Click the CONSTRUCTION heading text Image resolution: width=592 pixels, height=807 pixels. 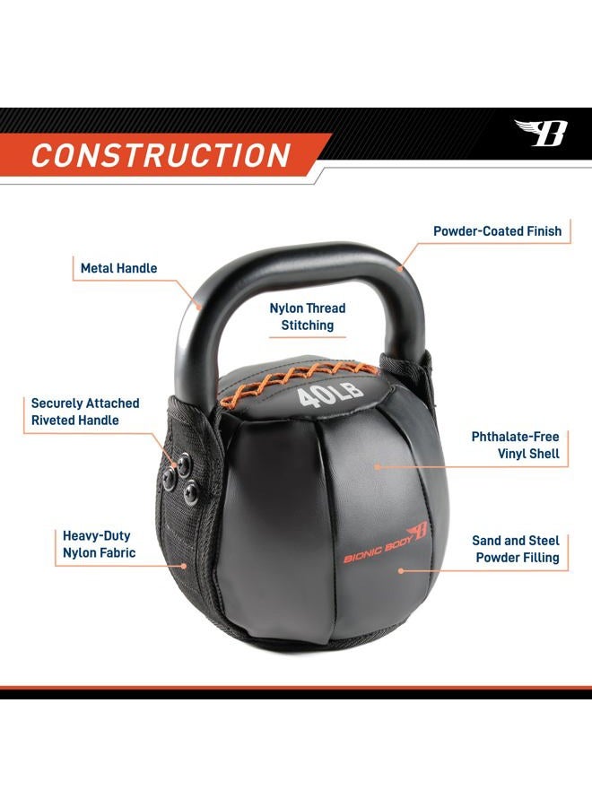click(161, 154)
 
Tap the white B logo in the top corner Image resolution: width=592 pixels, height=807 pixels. click(543, 133)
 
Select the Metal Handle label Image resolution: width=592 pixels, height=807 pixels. click(118, 268)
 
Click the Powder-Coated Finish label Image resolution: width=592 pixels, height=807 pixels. click(497, 231)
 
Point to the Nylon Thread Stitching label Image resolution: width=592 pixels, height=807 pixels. click(308, 317)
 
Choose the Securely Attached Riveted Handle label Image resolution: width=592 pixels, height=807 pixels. click(74, 412)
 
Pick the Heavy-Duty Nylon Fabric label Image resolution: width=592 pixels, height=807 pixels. click(99, 544)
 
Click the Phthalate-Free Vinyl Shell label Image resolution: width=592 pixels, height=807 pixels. click(516, 446)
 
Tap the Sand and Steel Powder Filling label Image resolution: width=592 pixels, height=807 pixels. click(516, 549)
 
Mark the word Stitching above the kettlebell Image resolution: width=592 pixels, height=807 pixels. click(308, 325)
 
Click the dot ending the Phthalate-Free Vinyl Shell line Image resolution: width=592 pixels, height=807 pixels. click(379, 466)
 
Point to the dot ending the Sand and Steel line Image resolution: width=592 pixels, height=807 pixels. click(401, 568)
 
